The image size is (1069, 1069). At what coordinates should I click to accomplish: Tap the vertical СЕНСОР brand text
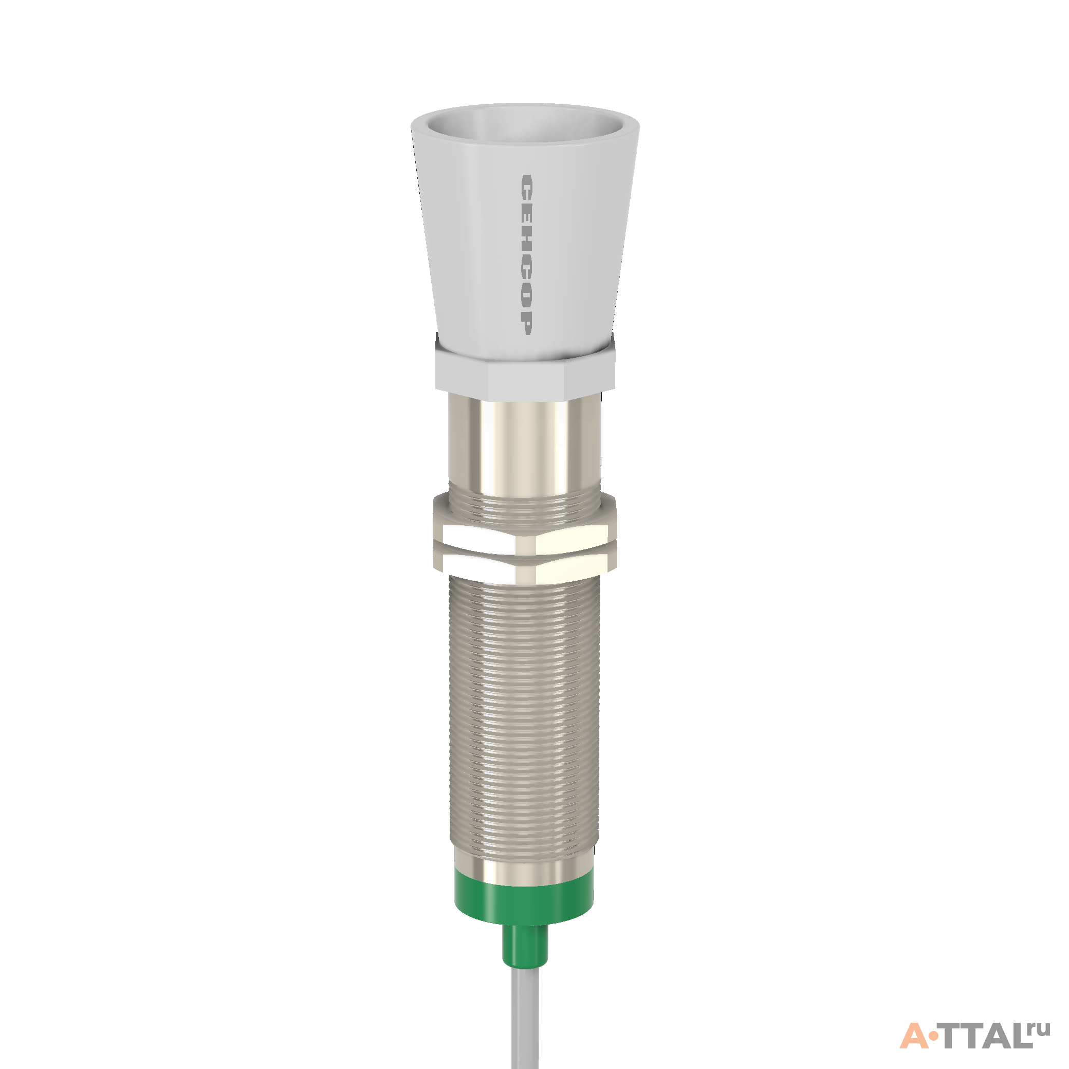coord(526,254)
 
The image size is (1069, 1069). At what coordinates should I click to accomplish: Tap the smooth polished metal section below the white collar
coord(524,443)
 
